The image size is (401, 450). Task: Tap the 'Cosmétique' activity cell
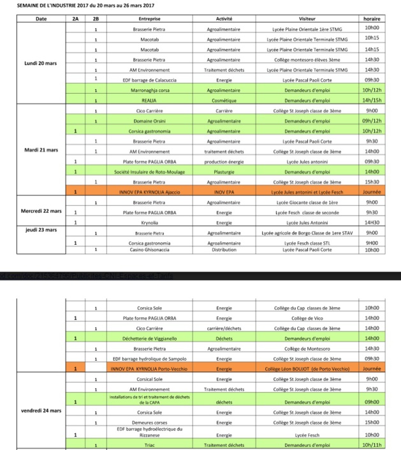click(224, 101)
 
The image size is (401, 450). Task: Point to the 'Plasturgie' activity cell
click(224, 171)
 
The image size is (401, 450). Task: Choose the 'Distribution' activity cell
click(224, 250)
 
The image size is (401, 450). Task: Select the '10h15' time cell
click(372, 39)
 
